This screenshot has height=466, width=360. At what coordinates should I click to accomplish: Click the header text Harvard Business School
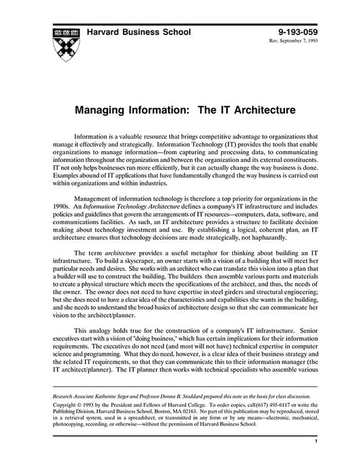click(139, 32)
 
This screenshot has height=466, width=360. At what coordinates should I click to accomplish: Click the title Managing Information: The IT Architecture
click(179, 107)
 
